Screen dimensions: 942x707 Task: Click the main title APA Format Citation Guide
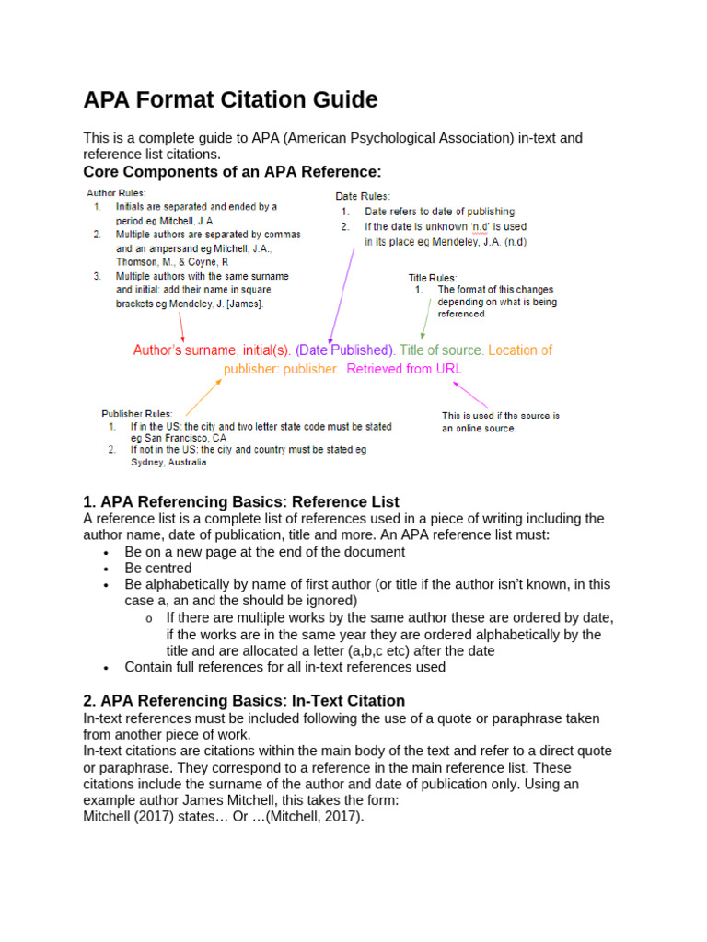pyautogui.click(x=230, y=99)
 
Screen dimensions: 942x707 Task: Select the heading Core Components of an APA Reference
pyautogui.click(x=231, y=172)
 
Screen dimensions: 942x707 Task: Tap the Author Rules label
pyautogui.click(x=115, y=193)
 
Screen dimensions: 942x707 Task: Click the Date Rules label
pyautogui.click(x=362, y=196)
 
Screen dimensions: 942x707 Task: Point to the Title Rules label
pyautogui.click(x=432, y=277)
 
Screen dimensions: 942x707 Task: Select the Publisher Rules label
pyautogui.click(x=135, y=413)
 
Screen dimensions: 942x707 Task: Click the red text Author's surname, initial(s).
pyautogui.click(x=212, y=350)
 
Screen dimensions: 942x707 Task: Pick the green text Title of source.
pyautogui.click(x=442, y=350)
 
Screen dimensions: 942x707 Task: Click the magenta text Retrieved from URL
pyautogui.click(x=405, y=369)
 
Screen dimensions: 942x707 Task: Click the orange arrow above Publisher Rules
pyautogui.click(x=203, y=396)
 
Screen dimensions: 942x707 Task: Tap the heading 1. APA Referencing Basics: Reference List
pyautogui.click(x=241, y=501)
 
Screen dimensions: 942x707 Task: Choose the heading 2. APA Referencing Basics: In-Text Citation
pyautogui.click(x=244, y=700)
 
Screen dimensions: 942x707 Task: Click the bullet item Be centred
pyautogui.click(x=158, y=569)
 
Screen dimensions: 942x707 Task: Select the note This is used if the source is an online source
pyautogui.click(x=500, y=421)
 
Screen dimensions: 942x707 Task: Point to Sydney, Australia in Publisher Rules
pyautogui.click(x=168, y=463)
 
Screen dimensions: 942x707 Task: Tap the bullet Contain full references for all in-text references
pyautogui.click(x=284, y=667)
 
